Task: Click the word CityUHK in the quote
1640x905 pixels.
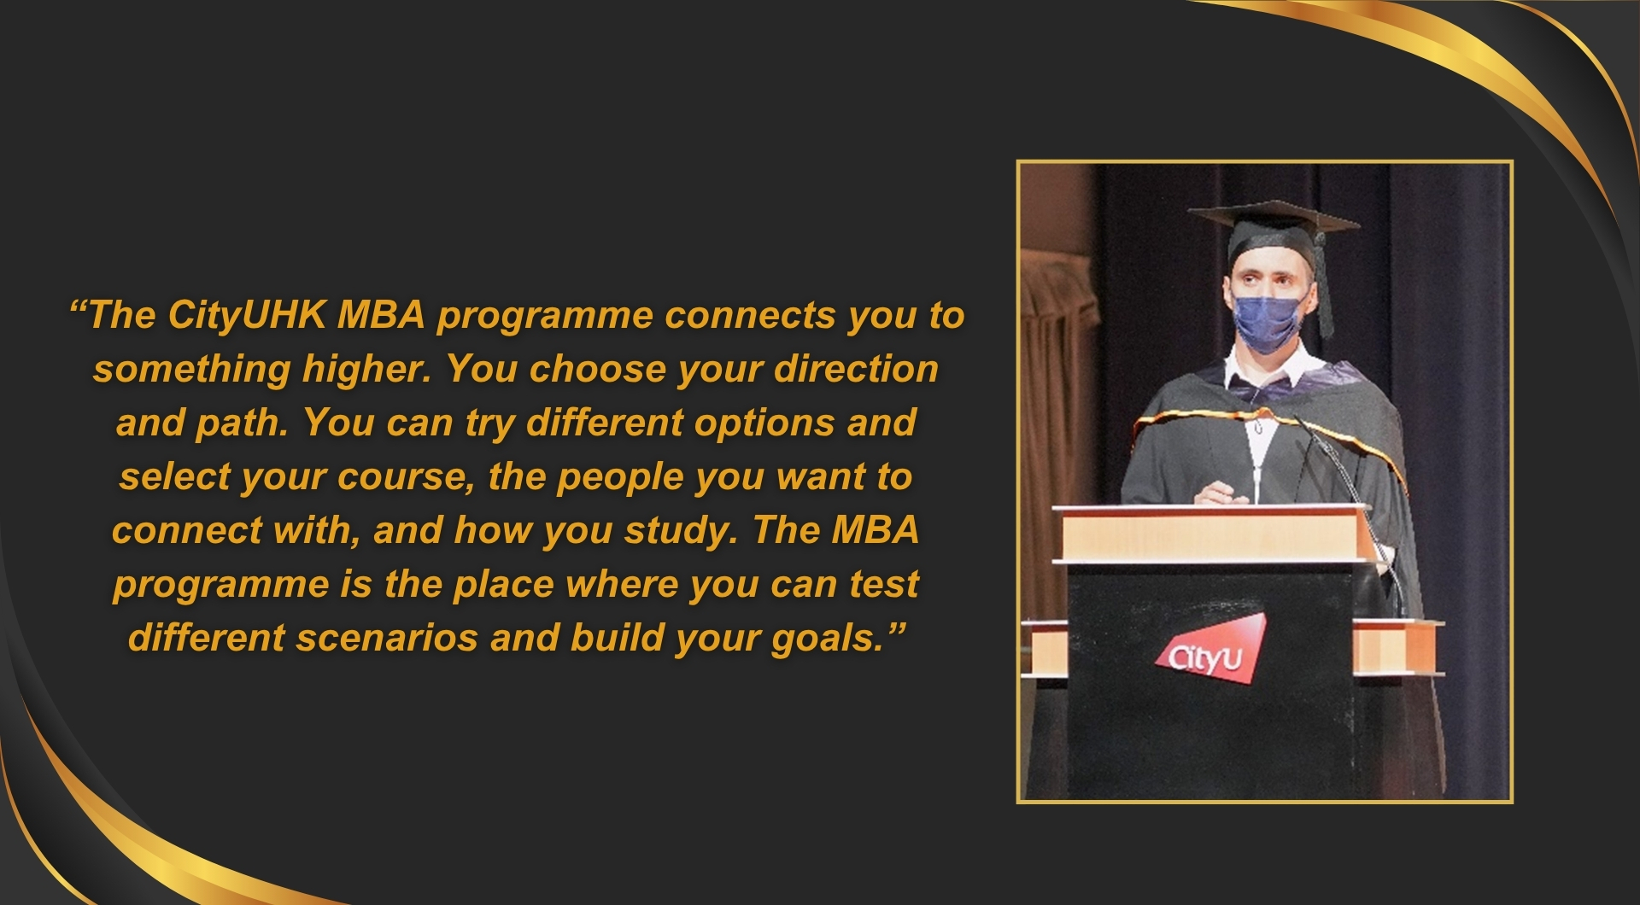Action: [247, 315]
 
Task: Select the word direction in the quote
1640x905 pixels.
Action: [856, 369]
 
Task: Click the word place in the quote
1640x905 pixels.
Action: [504, 585]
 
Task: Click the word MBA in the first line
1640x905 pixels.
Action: [381, 315]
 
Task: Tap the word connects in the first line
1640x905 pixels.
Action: [751, 315]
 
